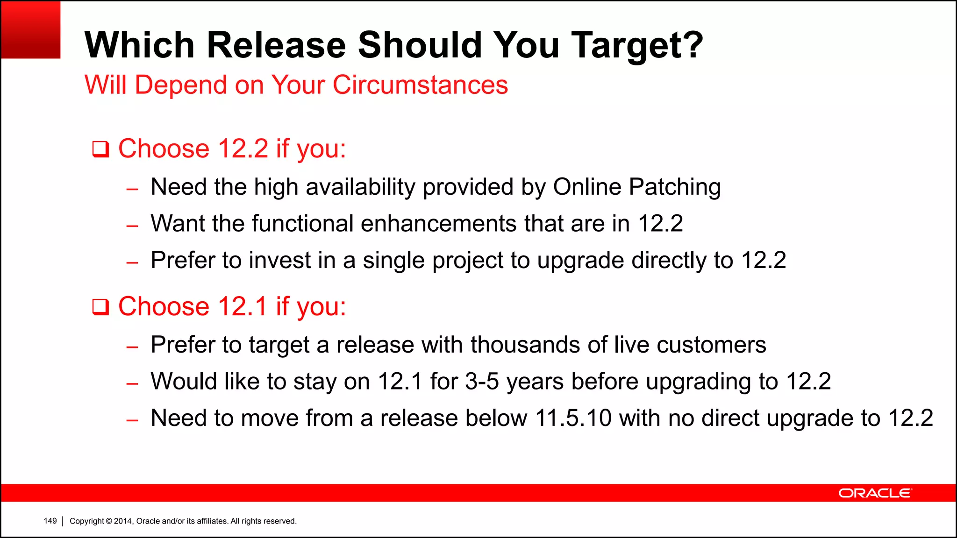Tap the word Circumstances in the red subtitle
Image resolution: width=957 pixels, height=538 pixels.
point(420,85)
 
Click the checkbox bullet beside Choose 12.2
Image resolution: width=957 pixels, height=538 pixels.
point(100,149)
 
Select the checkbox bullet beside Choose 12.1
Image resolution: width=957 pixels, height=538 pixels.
point(100,307)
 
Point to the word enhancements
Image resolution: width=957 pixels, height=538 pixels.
point(438,223)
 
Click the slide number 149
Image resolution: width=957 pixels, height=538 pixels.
point(50,521)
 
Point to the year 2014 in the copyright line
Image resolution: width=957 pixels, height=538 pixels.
point(123,521)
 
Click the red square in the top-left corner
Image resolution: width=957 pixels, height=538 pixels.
point(31,30)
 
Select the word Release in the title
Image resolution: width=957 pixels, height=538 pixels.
point(276,45)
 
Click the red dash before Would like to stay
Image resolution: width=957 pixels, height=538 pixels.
point(132,384)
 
